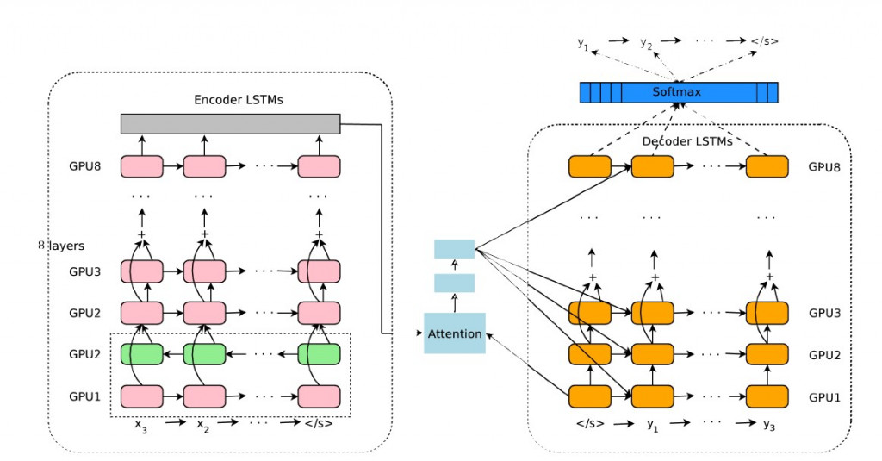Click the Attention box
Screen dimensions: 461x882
(454, 333)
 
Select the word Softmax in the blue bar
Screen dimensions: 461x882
(679, 91)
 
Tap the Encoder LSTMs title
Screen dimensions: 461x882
(239, 100)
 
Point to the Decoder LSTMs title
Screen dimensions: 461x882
(687, 140)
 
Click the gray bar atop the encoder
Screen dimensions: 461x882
(230, 123)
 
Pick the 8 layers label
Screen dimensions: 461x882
(61, 246)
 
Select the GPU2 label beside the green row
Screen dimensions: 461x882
(85, 353)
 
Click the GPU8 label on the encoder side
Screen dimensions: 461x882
(85, 166)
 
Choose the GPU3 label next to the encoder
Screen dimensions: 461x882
(85, 271)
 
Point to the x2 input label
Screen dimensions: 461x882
(204, 424)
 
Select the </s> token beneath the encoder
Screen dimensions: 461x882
(319, 424)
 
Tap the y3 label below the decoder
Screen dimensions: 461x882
(768, 424)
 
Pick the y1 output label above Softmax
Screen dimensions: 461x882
(584, 42)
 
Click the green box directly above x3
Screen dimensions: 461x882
(141, 353)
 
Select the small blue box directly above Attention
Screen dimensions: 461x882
(454, 283)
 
